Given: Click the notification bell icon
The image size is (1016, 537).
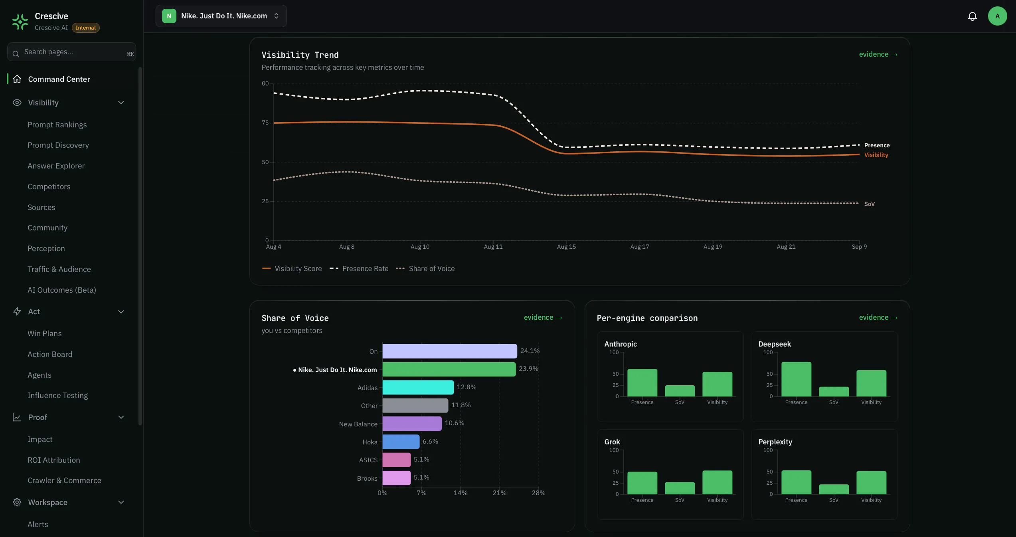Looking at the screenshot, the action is [972, 16].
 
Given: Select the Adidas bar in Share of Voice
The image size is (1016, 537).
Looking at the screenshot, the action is [418, 387].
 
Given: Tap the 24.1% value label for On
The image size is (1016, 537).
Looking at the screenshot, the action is [530, 351].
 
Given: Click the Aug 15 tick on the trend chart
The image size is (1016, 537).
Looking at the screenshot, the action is [566, 247].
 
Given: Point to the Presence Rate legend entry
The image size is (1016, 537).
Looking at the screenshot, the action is [359, 269].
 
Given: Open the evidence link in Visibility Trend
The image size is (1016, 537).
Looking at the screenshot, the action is [878, 54].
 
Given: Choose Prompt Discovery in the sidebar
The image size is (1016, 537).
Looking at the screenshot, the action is [58, 145].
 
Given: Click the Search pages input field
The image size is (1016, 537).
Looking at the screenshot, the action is [71, 52].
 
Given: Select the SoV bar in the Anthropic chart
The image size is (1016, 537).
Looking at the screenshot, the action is [680, 391].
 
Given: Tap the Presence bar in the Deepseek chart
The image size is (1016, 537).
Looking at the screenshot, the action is [796, 379].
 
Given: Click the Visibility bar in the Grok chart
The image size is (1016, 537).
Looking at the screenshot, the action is [717, 482].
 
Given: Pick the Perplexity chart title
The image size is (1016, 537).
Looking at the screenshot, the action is [775, 442].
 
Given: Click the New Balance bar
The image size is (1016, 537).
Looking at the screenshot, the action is [412, 424].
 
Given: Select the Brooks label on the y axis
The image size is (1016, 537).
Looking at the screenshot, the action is [367, 478].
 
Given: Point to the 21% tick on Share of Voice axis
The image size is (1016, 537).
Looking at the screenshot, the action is [499, 493].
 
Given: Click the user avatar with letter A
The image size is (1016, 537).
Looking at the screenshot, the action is [997, 16].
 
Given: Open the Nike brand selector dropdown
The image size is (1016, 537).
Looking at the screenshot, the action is [221, 16].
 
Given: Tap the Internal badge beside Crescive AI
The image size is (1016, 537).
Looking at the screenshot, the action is [85, 28].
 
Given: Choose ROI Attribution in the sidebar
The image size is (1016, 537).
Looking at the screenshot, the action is [54, 460].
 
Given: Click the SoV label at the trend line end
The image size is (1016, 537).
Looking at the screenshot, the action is [869, 204].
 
